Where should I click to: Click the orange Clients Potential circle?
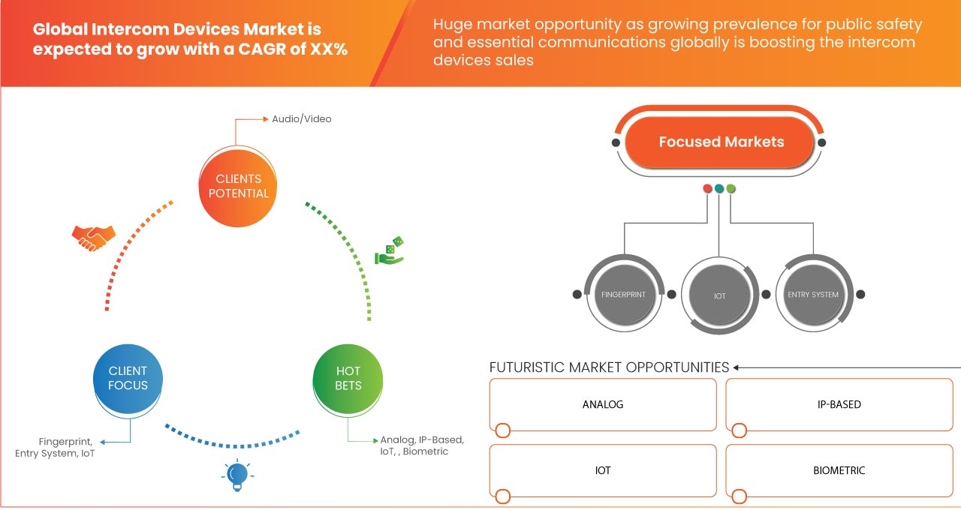238,187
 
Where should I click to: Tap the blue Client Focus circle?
128,379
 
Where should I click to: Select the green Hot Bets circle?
348,379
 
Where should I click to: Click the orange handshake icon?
94,238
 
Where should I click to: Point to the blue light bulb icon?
237,475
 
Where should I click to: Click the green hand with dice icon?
390,250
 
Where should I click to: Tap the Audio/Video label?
302,119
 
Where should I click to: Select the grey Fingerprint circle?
624,295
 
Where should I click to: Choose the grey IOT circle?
719,295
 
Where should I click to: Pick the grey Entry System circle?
813,295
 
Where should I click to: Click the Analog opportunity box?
603,404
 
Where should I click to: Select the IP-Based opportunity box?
839,404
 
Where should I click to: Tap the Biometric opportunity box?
839,470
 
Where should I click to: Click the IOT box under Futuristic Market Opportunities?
603,470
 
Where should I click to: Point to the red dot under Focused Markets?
707,188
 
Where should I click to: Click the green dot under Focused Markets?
731,188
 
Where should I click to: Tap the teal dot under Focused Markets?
719,188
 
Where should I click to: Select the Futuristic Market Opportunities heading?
609,367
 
